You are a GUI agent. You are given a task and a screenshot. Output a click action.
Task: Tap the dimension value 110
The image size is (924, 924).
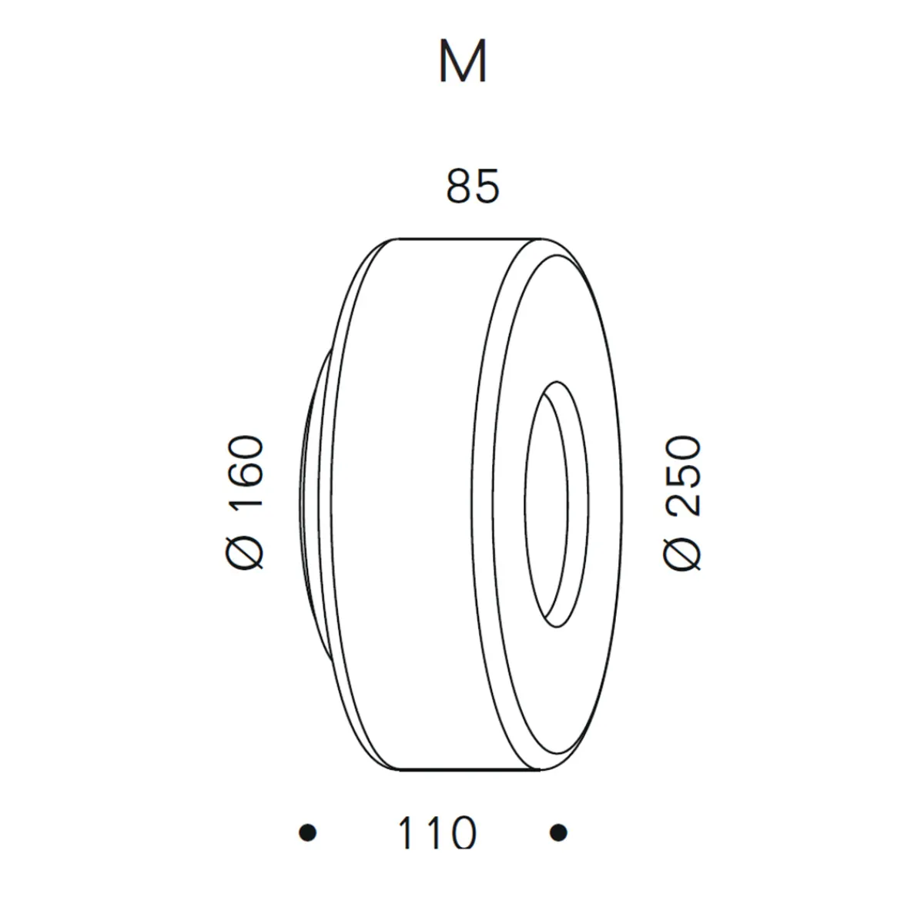[x=437, y=833]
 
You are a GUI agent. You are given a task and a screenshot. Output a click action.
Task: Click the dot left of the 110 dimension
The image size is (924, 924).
[x=308, y=832]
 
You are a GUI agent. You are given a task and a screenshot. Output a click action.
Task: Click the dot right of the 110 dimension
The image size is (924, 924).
[x=559, y=832]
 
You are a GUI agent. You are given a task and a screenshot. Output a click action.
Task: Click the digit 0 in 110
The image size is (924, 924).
[x=460, y=833]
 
